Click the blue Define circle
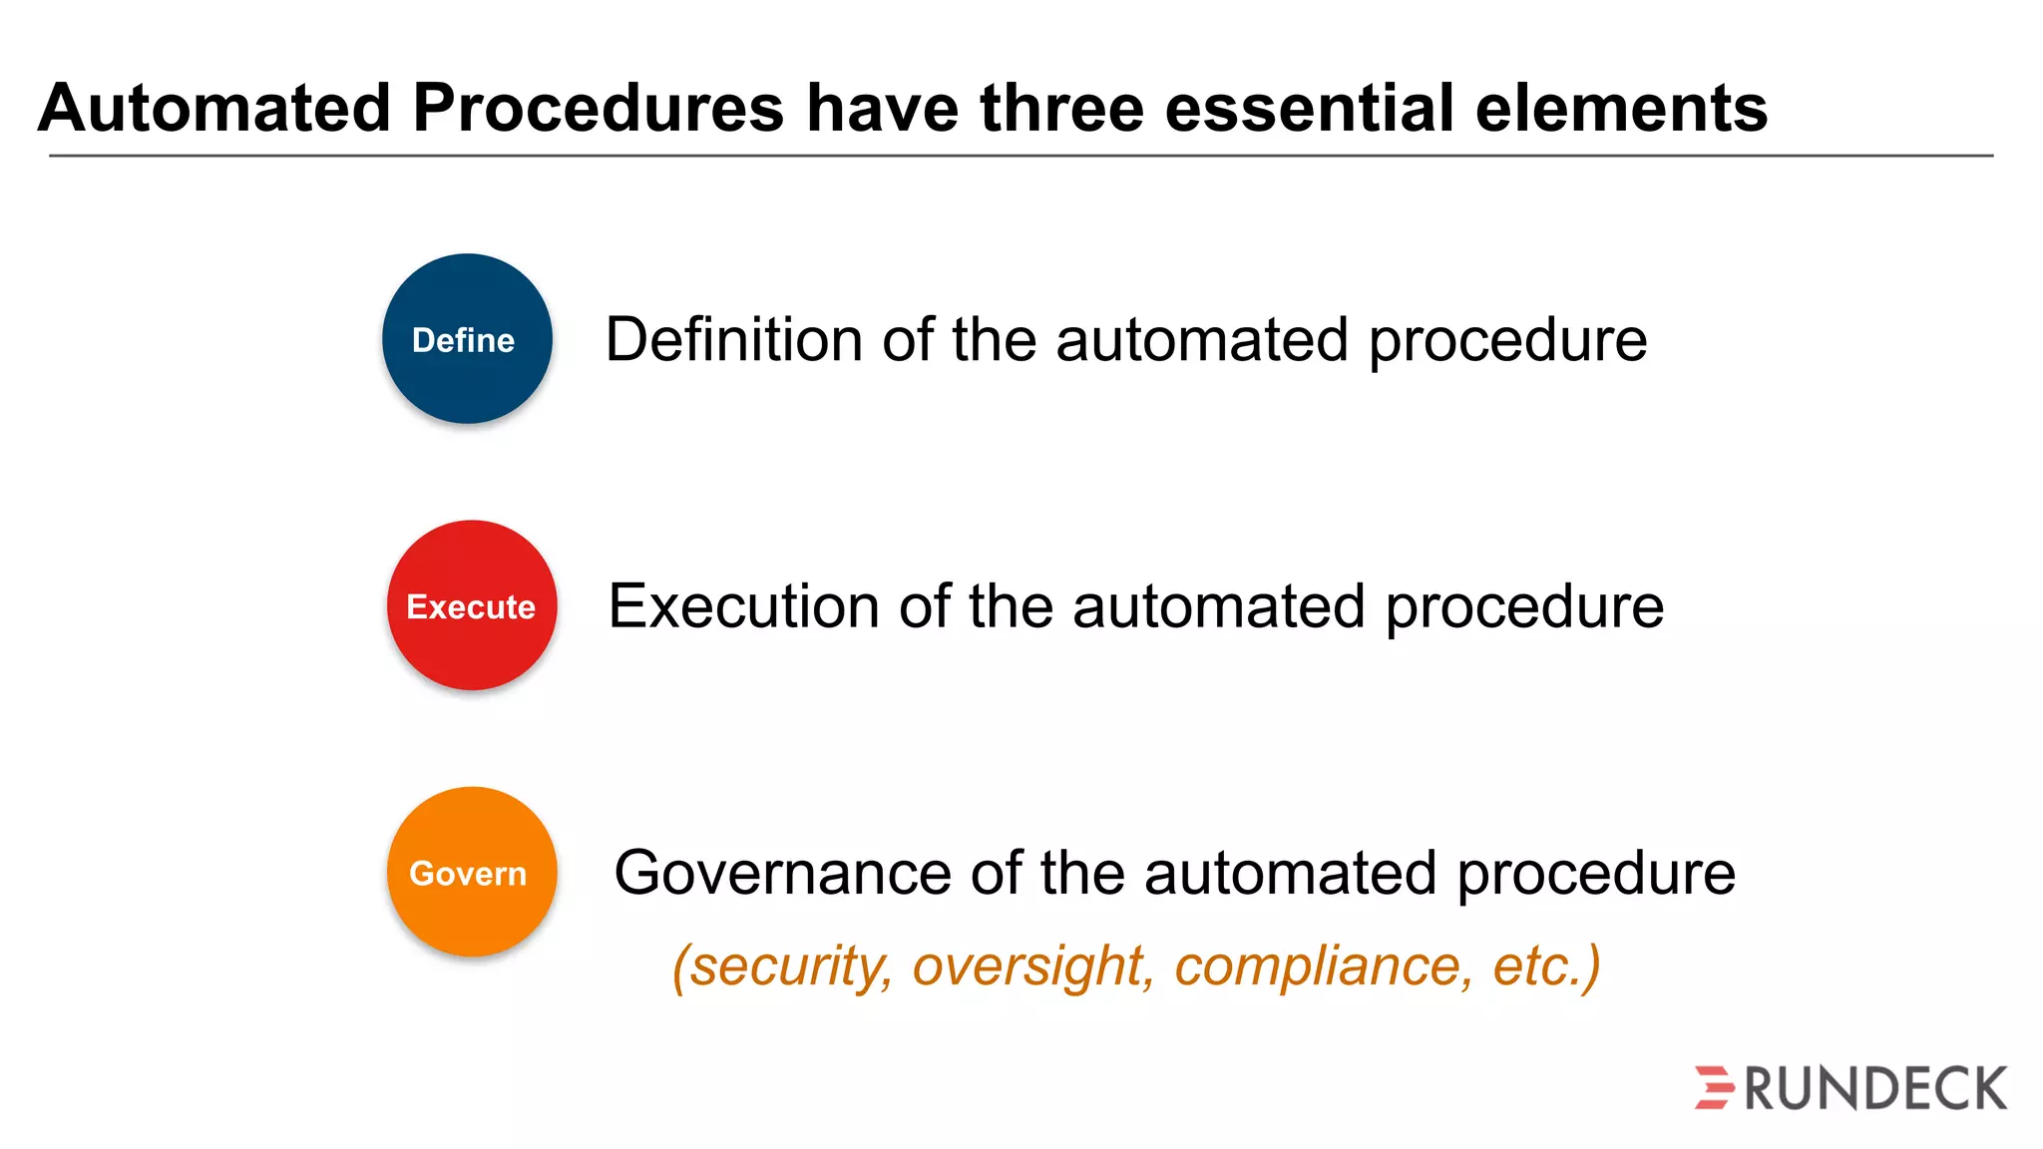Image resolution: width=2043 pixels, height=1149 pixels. tap(467, 339)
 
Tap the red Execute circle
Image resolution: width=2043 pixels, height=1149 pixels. tap(472, 605)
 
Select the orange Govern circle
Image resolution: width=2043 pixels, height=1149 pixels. tap(472, 872)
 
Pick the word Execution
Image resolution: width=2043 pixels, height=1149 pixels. tap(744, 606)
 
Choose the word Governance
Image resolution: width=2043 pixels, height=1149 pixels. tap(783, 873)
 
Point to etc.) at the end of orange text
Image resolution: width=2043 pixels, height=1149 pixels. tap(1547, 965)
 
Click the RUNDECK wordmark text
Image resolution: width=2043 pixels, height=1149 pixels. tap(1875, 1088)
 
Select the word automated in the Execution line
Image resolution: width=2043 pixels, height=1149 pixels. tap(1218, 606)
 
